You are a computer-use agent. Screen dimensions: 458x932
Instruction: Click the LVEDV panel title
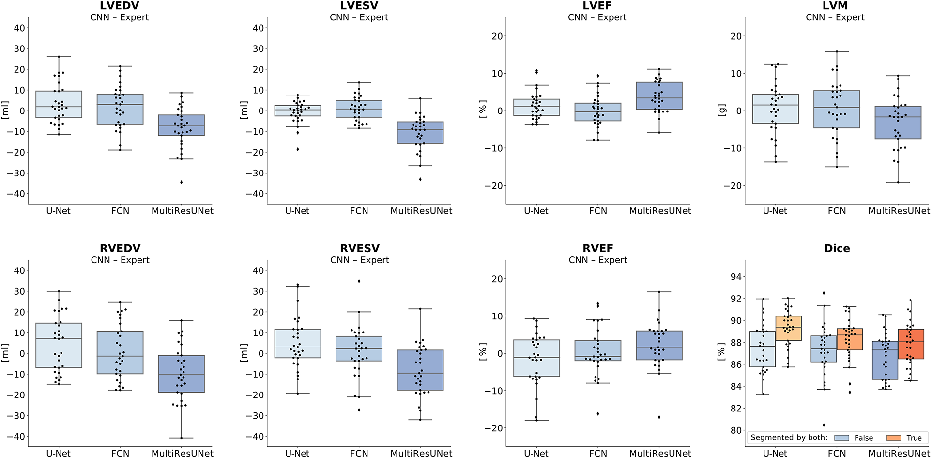(120, 6)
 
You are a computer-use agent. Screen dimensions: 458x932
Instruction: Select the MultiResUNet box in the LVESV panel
(420, 132)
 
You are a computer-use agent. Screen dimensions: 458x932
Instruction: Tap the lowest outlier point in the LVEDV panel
(182, 182)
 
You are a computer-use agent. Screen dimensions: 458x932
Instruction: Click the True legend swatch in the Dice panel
(894, 438)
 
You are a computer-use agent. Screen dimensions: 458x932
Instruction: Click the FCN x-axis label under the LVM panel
(837, 211)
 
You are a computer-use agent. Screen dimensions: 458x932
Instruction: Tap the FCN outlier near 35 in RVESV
(359, 281)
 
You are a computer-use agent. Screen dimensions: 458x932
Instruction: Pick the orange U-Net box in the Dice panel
(788, 328)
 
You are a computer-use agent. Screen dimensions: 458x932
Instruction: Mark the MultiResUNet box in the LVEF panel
(659, 96)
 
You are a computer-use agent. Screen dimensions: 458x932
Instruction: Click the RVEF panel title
(598, 248)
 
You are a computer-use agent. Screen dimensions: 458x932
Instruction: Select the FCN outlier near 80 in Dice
(824, 425)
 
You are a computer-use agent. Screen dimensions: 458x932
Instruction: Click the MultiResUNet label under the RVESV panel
(421, 454)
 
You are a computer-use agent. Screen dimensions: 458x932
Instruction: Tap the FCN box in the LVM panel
(837, 109)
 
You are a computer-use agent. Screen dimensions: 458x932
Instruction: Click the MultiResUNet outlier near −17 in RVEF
(659, 417)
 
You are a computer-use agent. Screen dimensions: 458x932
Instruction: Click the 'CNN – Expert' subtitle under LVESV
(359, 17)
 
